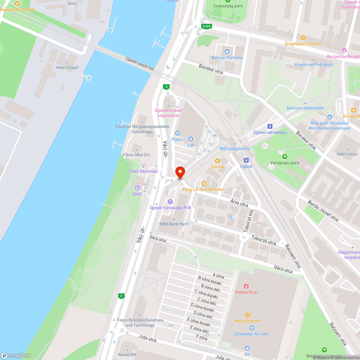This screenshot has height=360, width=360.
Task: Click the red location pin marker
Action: point(180,172)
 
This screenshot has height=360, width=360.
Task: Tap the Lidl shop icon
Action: point(191,139)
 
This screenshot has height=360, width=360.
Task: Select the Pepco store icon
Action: point(177,133)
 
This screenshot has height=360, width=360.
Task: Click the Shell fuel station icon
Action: point(137,188)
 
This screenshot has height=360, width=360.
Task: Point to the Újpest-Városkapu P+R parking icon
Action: point(170,202)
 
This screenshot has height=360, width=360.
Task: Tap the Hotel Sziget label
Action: point(67,67)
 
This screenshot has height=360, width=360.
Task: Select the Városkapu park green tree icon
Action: point(284,157)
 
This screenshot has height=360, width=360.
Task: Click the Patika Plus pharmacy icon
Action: point(246,286)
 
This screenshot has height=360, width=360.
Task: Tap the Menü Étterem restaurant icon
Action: point(247,315)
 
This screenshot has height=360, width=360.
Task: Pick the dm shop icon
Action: point(247,348)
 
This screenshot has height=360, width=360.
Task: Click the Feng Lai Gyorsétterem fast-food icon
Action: point(203,184)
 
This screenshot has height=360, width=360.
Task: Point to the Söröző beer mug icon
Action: point(217,161)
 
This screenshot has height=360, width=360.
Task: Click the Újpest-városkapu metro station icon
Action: point(270,126)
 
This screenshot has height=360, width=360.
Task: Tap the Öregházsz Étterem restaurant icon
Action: point(303,38)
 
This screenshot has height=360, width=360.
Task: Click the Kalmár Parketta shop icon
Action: point(227,51)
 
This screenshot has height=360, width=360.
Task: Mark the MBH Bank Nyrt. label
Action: point(174,224)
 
